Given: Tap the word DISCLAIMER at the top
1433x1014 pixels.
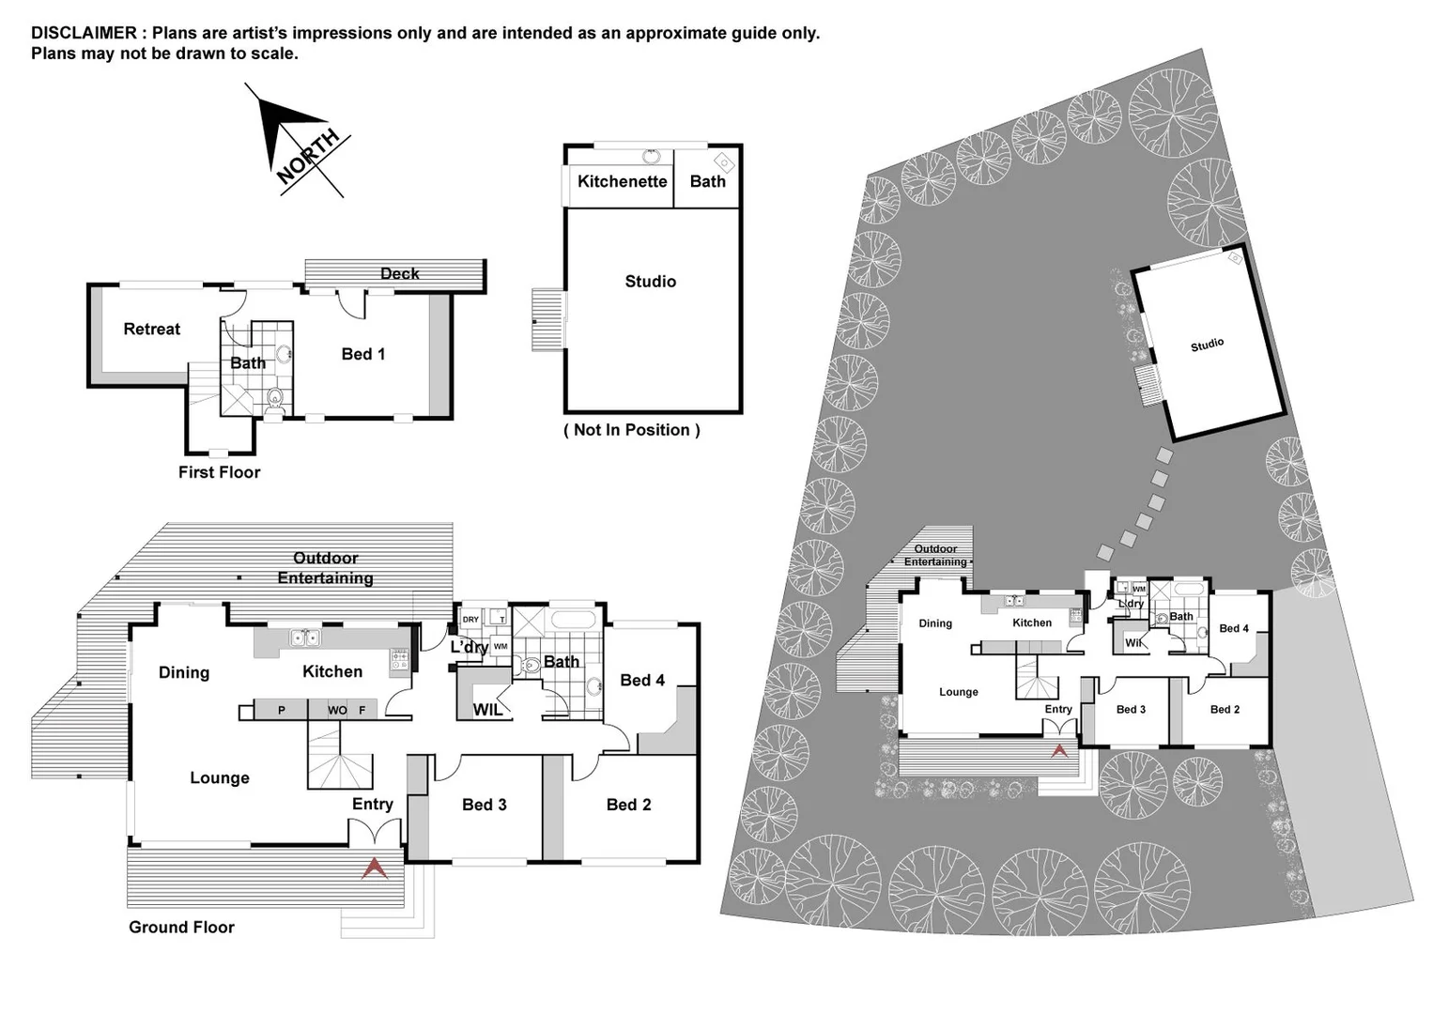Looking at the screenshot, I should click(x=84, y=34).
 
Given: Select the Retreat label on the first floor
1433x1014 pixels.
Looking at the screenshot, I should click(x=151, y=330).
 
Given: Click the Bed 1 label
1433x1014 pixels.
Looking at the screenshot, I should click(x=362, y=354).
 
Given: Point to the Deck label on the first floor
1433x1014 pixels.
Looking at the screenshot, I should click(x=399, y=274).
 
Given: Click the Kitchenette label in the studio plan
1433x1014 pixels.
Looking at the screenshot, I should click(x=622, y=182).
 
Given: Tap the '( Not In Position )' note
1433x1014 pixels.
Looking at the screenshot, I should click(x=631, y=430).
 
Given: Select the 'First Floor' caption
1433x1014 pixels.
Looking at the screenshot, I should click(x=219, y=473).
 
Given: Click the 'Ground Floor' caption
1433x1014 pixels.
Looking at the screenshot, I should click(x=181, y=928).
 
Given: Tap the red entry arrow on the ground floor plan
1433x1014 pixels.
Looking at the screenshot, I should click(x=375, y=868).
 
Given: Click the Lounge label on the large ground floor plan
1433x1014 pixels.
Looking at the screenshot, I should click(x=219, y=778).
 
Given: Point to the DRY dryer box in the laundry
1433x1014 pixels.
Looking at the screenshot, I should click(x=470, y=620).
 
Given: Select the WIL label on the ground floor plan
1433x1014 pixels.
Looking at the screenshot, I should click(x=487, y=711).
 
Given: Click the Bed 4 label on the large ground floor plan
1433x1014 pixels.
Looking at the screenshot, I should click(x=642, y=681).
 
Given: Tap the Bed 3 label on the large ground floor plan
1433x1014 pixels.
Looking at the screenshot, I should click(x=484, y=806).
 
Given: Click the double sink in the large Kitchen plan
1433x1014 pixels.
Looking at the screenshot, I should click(x=304, y=638).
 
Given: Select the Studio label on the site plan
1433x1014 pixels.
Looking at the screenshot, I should click(x=1207, y=345).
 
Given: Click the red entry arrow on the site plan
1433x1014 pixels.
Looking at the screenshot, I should click(x=1059, y=750).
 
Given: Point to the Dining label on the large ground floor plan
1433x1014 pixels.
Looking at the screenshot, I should click(x=183, y=673).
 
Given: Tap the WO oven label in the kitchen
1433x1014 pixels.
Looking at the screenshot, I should click(x=337, y=711).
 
